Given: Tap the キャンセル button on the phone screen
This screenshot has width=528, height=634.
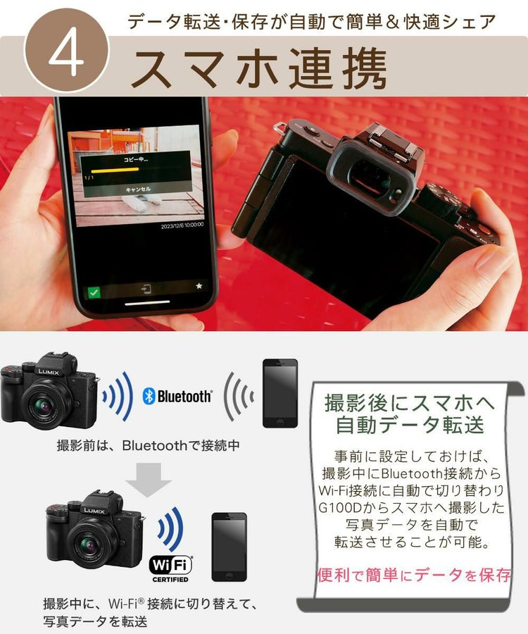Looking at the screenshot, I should point(138,189).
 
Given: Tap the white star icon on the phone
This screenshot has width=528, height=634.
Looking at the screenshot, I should point(199,287).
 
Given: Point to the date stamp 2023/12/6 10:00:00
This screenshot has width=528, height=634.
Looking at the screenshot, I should point(182,226).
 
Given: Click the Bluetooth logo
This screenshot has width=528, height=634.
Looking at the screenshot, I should point(177,397).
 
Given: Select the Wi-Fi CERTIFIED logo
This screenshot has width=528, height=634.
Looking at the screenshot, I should point(170,568).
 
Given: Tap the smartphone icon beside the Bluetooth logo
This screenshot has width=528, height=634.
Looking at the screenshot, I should point(280,393).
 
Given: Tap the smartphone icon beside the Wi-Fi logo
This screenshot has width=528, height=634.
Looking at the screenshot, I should point(230,547).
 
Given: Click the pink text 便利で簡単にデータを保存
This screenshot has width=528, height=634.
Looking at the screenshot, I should point(414,575).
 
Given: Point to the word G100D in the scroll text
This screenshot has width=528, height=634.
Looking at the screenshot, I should point(338,508).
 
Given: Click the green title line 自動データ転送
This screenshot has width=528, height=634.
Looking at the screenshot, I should point(410,426).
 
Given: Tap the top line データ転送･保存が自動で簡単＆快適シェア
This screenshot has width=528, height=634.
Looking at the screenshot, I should point(310,21).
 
